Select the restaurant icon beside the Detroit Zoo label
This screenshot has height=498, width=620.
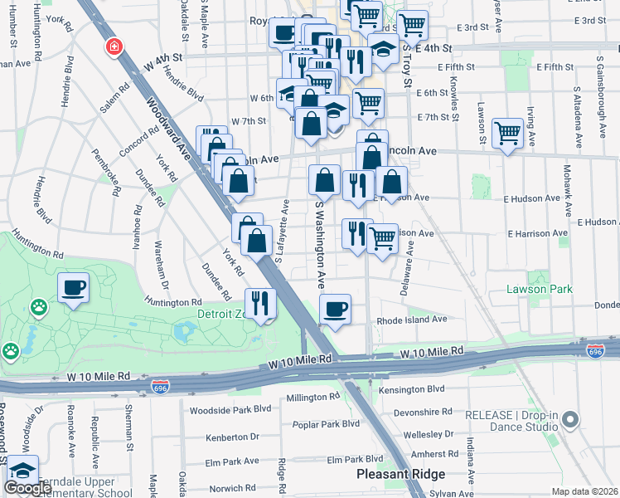click(261, 303)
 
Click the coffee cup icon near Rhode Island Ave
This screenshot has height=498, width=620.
click(335, 310)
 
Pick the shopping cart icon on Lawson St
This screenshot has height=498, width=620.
click(507, 132)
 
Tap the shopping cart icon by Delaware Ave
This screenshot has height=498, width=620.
click(381, 239)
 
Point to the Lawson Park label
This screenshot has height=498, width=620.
click(540, 289)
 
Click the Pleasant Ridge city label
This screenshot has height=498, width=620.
click(400, 474)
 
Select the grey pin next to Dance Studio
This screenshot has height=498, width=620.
click(569, 422)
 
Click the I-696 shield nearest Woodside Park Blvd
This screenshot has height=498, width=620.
click(161, 387)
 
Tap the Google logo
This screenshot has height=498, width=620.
click(28, 488)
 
